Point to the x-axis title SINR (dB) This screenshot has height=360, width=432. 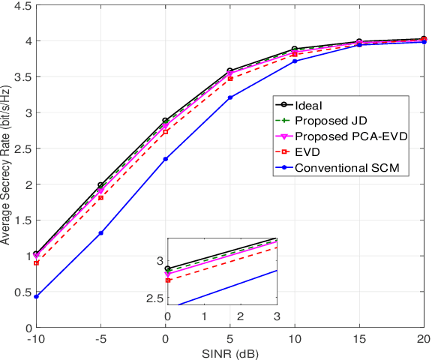point(229,352)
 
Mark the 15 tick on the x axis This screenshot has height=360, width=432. point(359,338)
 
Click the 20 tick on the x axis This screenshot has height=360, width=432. point(424,338)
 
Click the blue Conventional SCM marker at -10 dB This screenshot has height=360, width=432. point(35,297)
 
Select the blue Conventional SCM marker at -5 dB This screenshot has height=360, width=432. point(100,233)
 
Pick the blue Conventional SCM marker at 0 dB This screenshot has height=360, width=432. point(165,159)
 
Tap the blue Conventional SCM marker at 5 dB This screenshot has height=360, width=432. point(230,97)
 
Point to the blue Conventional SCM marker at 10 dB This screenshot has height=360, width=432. point(295,61)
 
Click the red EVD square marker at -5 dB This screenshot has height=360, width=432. point(100,197)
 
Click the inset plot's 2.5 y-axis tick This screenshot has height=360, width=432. point(154,298)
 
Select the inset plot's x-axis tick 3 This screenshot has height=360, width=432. point(277,316)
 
